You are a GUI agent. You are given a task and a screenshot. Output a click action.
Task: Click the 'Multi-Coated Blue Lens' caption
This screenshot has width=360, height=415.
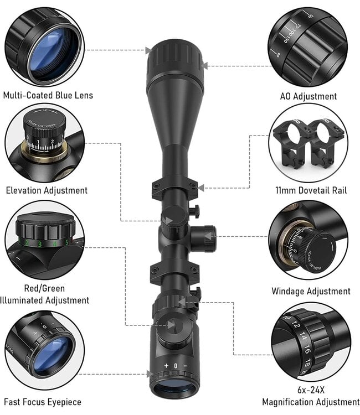pos(48,95)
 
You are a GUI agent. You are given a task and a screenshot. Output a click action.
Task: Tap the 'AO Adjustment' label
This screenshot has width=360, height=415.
pos(308,96)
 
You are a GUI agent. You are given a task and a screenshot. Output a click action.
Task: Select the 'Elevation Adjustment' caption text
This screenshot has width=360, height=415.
pos(47,190)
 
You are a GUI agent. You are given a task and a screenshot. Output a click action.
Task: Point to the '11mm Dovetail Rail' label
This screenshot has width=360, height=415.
pos(311,190)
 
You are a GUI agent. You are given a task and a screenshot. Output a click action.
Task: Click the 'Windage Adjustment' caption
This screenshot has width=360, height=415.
pos(311,291)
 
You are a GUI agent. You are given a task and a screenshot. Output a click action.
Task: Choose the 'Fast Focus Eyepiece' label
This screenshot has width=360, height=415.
pos(43,402)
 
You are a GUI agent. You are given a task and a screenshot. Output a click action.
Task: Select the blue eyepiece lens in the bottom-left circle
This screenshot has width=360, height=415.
pos(51,354)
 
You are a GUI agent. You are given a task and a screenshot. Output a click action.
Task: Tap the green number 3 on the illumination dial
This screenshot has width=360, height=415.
pos(39,243)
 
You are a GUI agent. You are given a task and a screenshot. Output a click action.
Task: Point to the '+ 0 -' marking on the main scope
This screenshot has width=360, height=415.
pos(175,366)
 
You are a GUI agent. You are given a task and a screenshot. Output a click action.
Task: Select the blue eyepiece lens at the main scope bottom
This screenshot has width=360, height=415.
pos(174,388)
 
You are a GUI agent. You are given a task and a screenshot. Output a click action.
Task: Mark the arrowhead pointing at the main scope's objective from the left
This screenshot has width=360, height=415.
pos(147,50)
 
